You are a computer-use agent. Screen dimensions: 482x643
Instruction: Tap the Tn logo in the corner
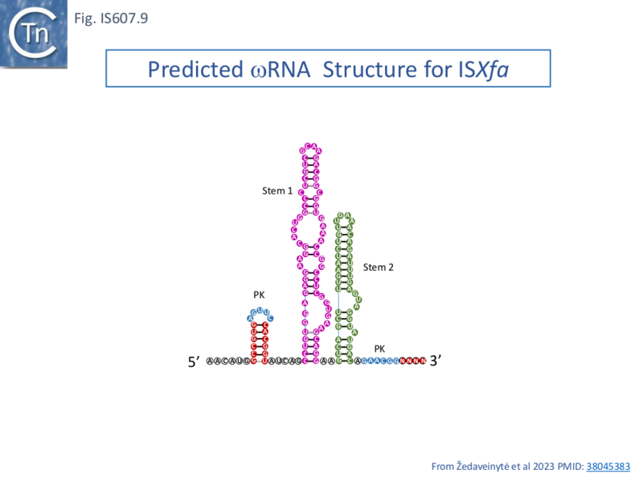[x=34, y=33]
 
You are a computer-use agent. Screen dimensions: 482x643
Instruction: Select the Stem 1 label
[x=277, y=191]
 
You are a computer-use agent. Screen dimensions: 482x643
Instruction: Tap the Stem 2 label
[x=378, y=267]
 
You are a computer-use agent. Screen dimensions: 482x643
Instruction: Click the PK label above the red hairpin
[x=259, y=295]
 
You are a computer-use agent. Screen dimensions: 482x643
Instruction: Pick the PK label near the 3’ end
[x=379, y=348]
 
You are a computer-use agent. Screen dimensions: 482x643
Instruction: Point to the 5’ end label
[x=194, y=362]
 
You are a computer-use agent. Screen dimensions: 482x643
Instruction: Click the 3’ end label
[x=436, y=361]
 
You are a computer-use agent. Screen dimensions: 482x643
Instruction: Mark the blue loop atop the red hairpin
[x=260, y=313]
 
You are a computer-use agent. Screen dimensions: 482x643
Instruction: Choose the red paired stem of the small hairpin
[x=260, y=341]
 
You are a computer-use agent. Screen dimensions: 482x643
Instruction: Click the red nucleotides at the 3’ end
[x=411, y=361]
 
